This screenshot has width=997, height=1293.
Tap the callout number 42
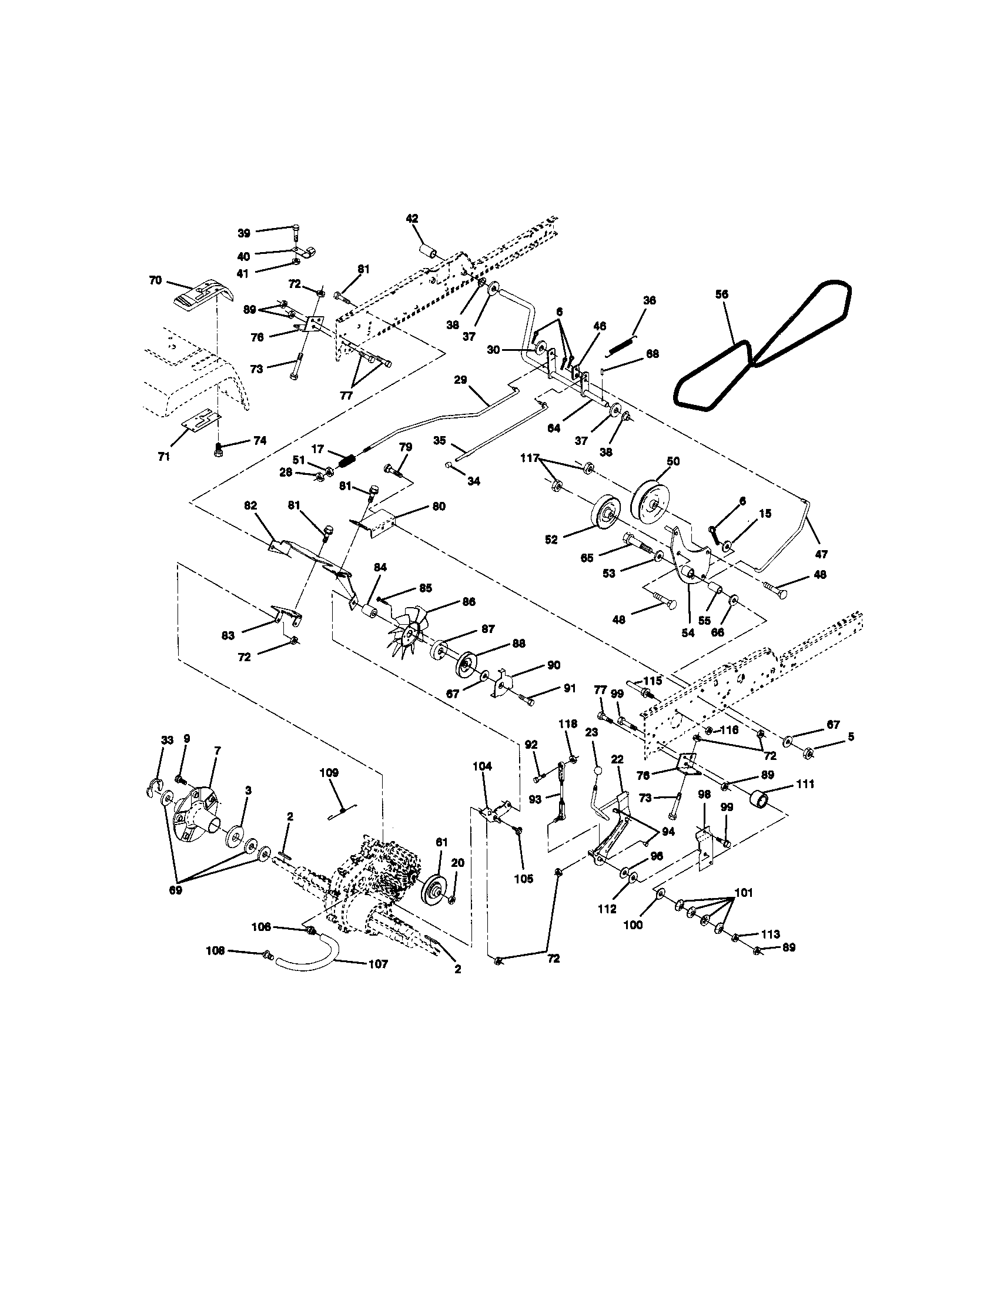tap(412, 219)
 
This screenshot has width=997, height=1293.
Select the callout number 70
tap(155, 280)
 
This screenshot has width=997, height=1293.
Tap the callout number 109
tap(329, 773)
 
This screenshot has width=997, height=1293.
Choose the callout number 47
tap(821, 554)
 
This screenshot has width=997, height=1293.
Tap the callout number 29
tap(461, 380)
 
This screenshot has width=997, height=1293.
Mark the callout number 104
tap(482, 765)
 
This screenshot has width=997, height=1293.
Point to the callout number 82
tap(250, 505)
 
